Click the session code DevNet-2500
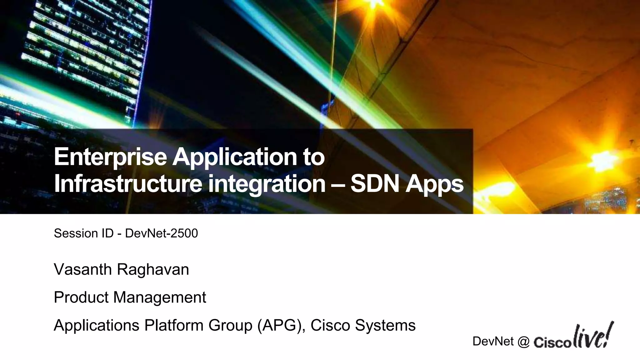point(161,233)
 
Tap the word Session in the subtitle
point(72,233)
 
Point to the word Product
point(81,297)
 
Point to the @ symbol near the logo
point(523,342)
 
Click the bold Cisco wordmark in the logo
point(552,343)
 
